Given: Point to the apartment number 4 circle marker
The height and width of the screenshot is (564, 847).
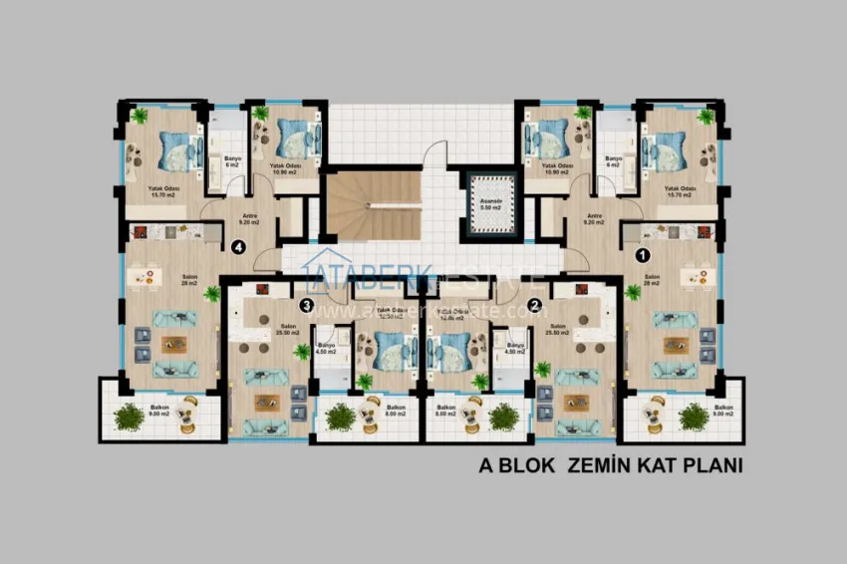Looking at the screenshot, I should coord(237,248).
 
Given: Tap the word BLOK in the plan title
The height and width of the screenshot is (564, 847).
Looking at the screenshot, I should coord(528,465).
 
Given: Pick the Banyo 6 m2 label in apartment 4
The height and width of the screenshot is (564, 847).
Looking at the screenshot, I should coord(232,161).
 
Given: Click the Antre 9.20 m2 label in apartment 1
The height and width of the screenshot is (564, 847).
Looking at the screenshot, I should coord(595,219).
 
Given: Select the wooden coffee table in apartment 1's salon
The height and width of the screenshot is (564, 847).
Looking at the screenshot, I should coord(673,344).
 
